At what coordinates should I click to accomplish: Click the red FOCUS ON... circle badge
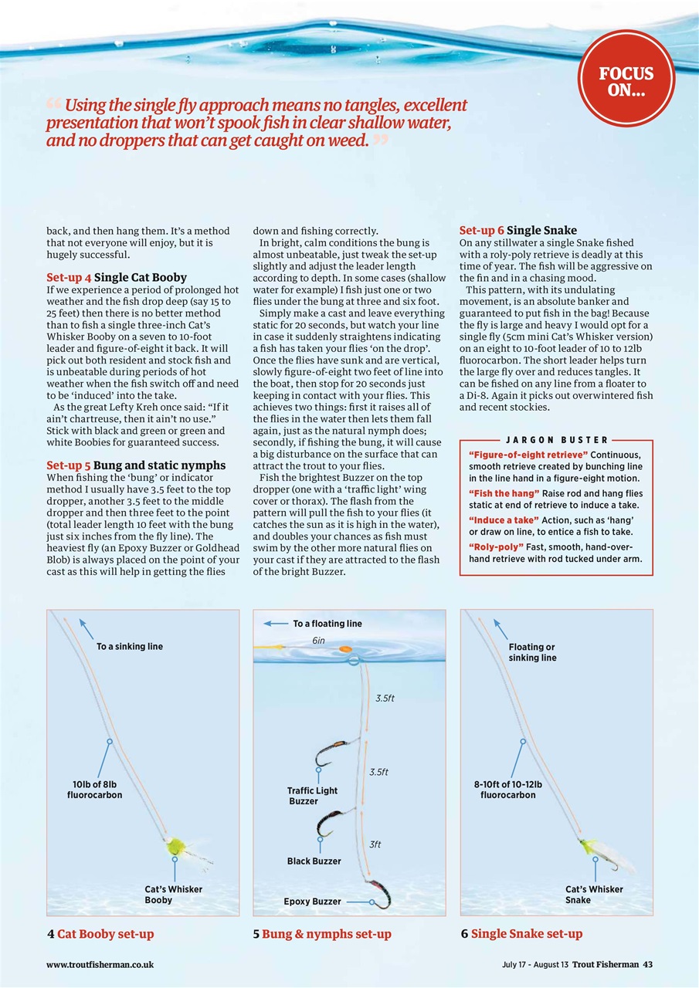tap(626, 79)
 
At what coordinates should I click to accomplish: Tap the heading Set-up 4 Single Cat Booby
tap(116, 277)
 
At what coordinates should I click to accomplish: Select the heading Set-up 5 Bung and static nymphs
tap(136, 465)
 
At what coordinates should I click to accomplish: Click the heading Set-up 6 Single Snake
tap(517, 231)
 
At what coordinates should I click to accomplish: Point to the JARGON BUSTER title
tap(555, 439)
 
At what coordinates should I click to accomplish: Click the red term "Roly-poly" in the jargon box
tap(496, 547)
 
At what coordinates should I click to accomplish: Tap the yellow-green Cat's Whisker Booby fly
tap(176, 846)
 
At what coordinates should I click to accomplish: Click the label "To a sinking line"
tap(130, 646)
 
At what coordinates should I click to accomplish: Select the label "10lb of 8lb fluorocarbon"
tap(94, 790)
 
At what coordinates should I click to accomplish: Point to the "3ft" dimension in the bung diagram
tap(375, 844)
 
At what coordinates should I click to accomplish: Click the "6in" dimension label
tap(318, 641)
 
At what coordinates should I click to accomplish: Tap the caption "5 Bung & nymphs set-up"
tap(322, 934)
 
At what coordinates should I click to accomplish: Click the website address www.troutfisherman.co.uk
tap(100, 964)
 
